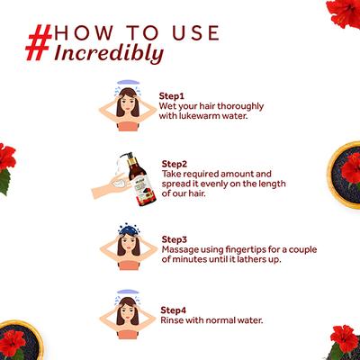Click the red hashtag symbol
(x=39, y=42)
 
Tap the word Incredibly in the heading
(x=109, y=53)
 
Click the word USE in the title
(x=196, y=33)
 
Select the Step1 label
(x=171, y=96)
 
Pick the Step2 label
(x=175, y=164)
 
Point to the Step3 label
(x=175, y=239)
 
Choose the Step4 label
(x=173, y=310)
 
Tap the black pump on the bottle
(x=128, y=157)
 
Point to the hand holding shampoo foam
(x=112, y=185)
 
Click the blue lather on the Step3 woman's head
(x=129, y=229)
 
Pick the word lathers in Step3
(x=250, y=259)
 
